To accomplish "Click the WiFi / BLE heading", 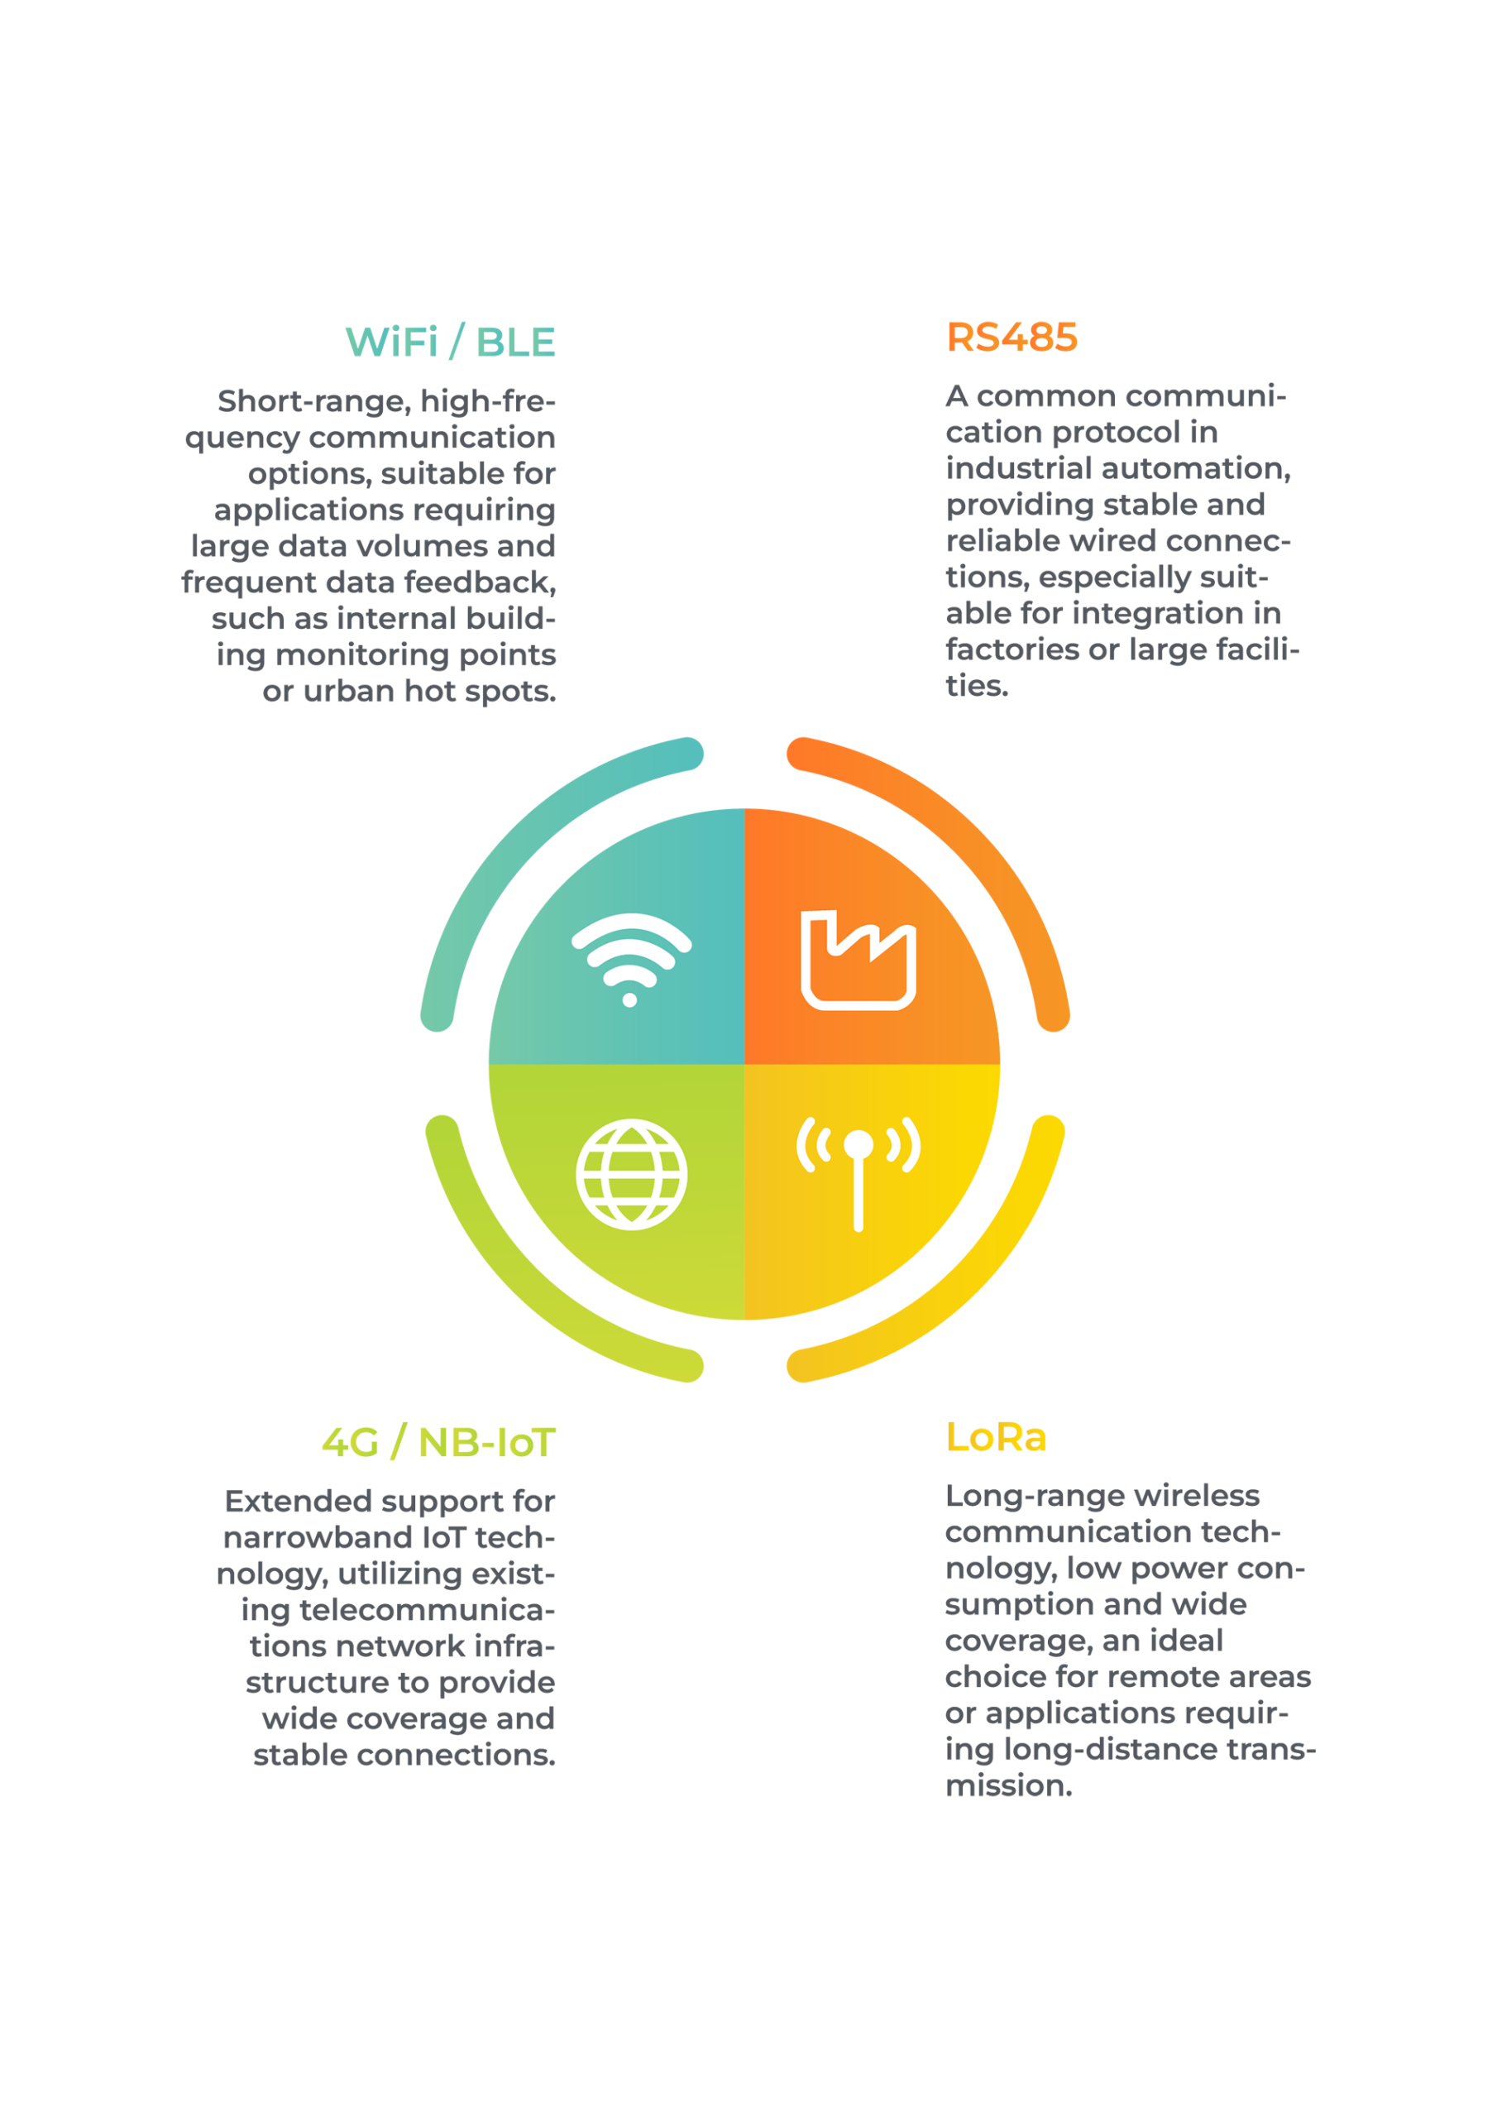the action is click(450, 342).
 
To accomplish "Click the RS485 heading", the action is click(1012, 338).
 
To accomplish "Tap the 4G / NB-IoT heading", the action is click(438, 1442).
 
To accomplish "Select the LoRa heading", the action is click(996, 1437).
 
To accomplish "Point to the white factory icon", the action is click(858, 960).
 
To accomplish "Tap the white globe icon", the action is click(631, 1174).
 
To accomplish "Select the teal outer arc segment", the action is click(517, 817).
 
